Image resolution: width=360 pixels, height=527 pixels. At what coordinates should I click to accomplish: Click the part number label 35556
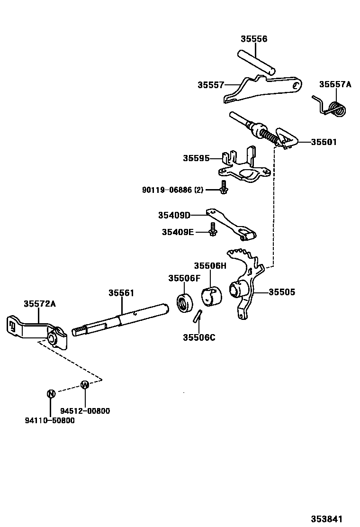click(253, 39)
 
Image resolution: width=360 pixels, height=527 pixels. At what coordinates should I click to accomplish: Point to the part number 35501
click(324, 142)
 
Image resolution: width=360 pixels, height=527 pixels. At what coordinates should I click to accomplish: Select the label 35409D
click(174, 215)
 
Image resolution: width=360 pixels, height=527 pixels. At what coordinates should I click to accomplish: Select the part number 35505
click(282, 292)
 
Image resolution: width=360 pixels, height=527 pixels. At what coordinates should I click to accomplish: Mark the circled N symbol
click(51, 393)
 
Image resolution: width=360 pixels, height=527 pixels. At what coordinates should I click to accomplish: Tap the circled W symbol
click(85, 385)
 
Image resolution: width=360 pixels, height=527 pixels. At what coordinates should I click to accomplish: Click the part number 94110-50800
click(50, 420)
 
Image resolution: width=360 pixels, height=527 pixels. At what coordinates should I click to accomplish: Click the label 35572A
click(40, 304)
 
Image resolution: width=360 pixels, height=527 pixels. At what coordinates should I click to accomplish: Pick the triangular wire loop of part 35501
click(287, 137)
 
